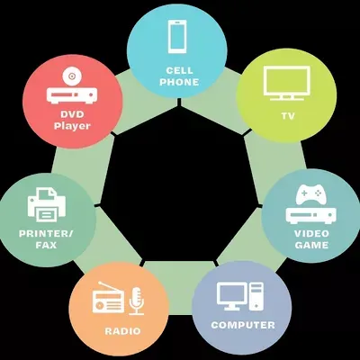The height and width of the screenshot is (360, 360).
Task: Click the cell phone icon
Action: [x=177, y=37]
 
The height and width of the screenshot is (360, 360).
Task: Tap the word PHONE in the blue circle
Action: [x=179, y=82]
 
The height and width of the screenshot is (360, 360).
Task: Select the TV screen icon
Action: [x=287, y=83]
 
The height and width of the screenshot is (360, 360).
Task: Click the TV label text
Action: [x=288, y=116]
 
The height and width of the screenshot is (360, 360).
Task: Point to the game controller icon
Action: [x=310, y=194]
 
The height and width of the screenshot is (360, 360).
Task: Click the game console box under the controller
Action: [x=310, y=215]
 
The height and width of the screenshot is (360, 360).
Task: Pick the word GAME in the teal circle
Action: [x=311, y=245]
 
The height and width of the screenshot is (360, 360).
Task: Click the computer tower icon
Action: [x=256, y=296]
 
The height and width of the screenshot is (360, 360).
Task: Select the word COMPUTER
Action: [x=243, y=325]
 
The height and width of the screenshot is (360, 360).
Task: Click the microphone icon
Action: [x=137, y=301]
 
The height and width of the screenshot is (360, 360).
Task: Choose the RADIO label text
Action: [x=122, y=331]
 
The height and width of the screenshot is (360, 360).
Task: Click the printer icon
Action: [x=47, y=204]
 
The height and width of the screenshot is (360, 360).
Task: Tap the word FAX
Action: [x=46, y=245]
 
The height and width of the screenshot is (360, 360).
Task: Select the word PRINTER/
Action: [x=46, y=233]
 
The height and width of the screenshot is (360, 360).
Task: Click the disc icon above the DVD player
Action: [x=72, y=76]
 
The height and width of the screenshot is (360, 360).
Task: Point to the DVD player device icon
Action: [x=72, y=95]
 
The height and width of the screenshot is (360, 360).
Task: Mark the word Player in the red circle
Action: [x=72, y=126]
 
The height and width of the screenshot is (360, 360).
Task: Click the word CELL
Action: [x=179, y=70]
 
